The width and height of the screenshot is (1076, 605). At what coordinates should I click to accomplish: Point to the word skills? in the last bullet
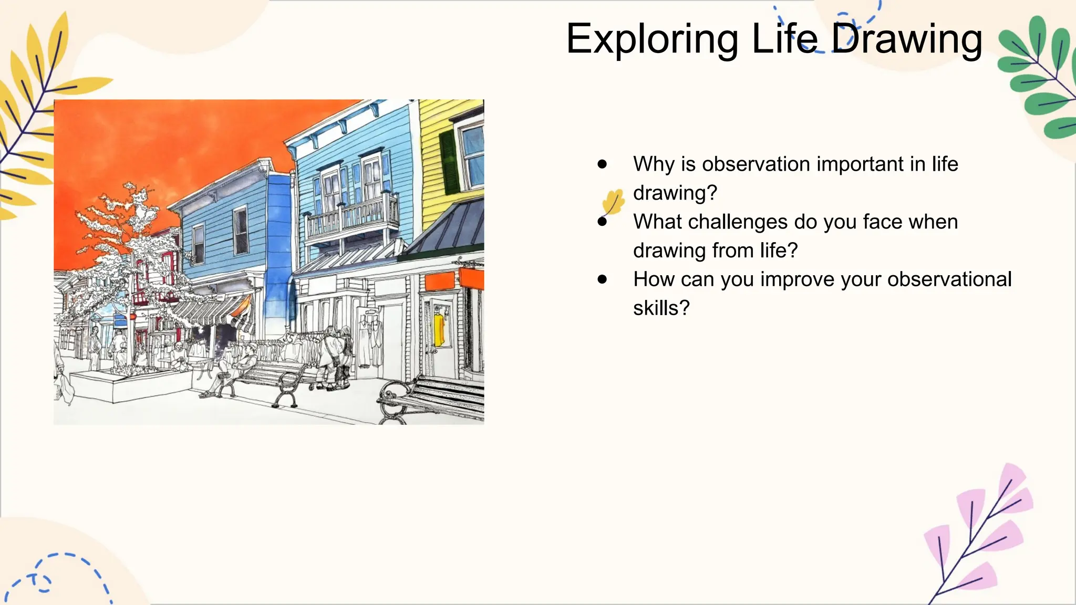click(x=661, y=308)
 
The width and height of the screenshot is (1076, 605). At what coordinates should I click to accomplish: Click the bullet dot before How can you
click(x=602, y=279)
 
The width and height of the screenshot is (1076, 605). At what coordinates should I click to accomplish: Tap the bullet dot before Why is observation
click(x=602, y=164)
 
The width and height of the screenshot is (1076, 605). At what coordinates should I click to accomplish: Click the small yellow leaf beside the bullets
click(x=613, y=202)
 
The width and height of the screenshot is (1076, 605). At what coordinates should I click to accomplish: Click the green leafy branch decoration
click(x=1038, y=79)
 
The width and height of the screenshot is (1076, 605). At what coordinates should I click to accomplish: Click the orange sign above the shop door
click(x=439, y=281)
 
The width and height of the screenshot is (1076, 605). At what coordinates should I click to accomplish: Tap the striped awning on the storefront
click(x=210, y=312)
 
